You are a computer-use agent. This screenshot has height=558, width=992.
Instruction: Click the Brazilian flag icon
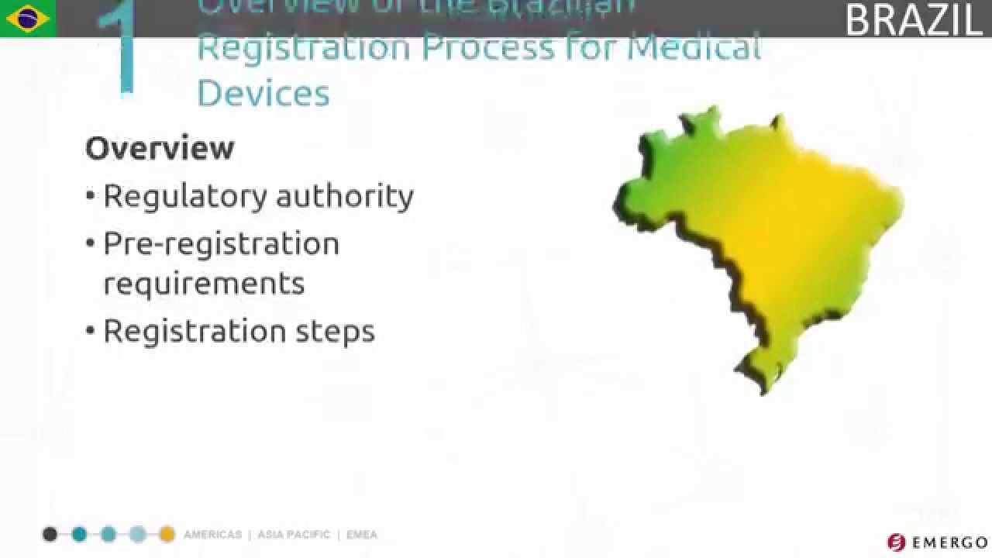28,19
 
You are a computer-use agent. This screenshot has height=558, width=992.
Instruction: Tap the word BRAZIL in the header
914,20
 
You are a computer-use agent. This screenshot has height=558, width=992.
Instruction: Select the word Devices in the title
263,93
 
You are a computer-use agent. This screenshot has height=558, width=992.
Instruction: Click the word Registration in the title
303,46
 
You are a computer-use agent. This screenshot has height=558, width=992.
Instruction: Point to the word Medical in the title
694,46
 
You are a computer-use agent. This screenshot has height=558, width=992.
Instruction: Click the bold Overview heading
160,148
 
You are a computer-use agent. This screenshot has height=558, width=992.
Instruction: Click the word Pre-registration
222,244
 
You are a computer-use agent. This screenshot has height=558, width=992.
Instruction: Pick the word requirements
204,284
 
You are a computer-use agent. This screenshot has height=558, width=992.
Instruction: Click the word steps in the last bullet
336,332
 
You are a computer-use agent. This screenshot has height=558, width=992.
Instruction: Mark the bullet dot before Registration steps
91,332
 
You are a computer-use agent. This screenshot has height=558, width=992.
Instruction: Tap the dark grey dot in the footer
50,534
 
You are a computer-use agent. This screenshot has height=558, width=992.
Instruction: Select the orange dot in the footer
167,534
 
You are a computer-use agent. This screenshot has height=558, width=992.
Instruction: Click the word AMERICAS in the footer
212,535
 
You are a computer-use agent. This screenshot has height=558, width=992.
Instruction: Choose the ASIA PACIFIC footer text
294,535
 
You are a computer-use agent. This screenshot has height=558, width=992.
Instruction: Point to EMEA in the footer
362,535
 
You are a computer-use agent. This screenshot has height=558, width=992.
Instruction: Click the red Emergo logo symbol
897,542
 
